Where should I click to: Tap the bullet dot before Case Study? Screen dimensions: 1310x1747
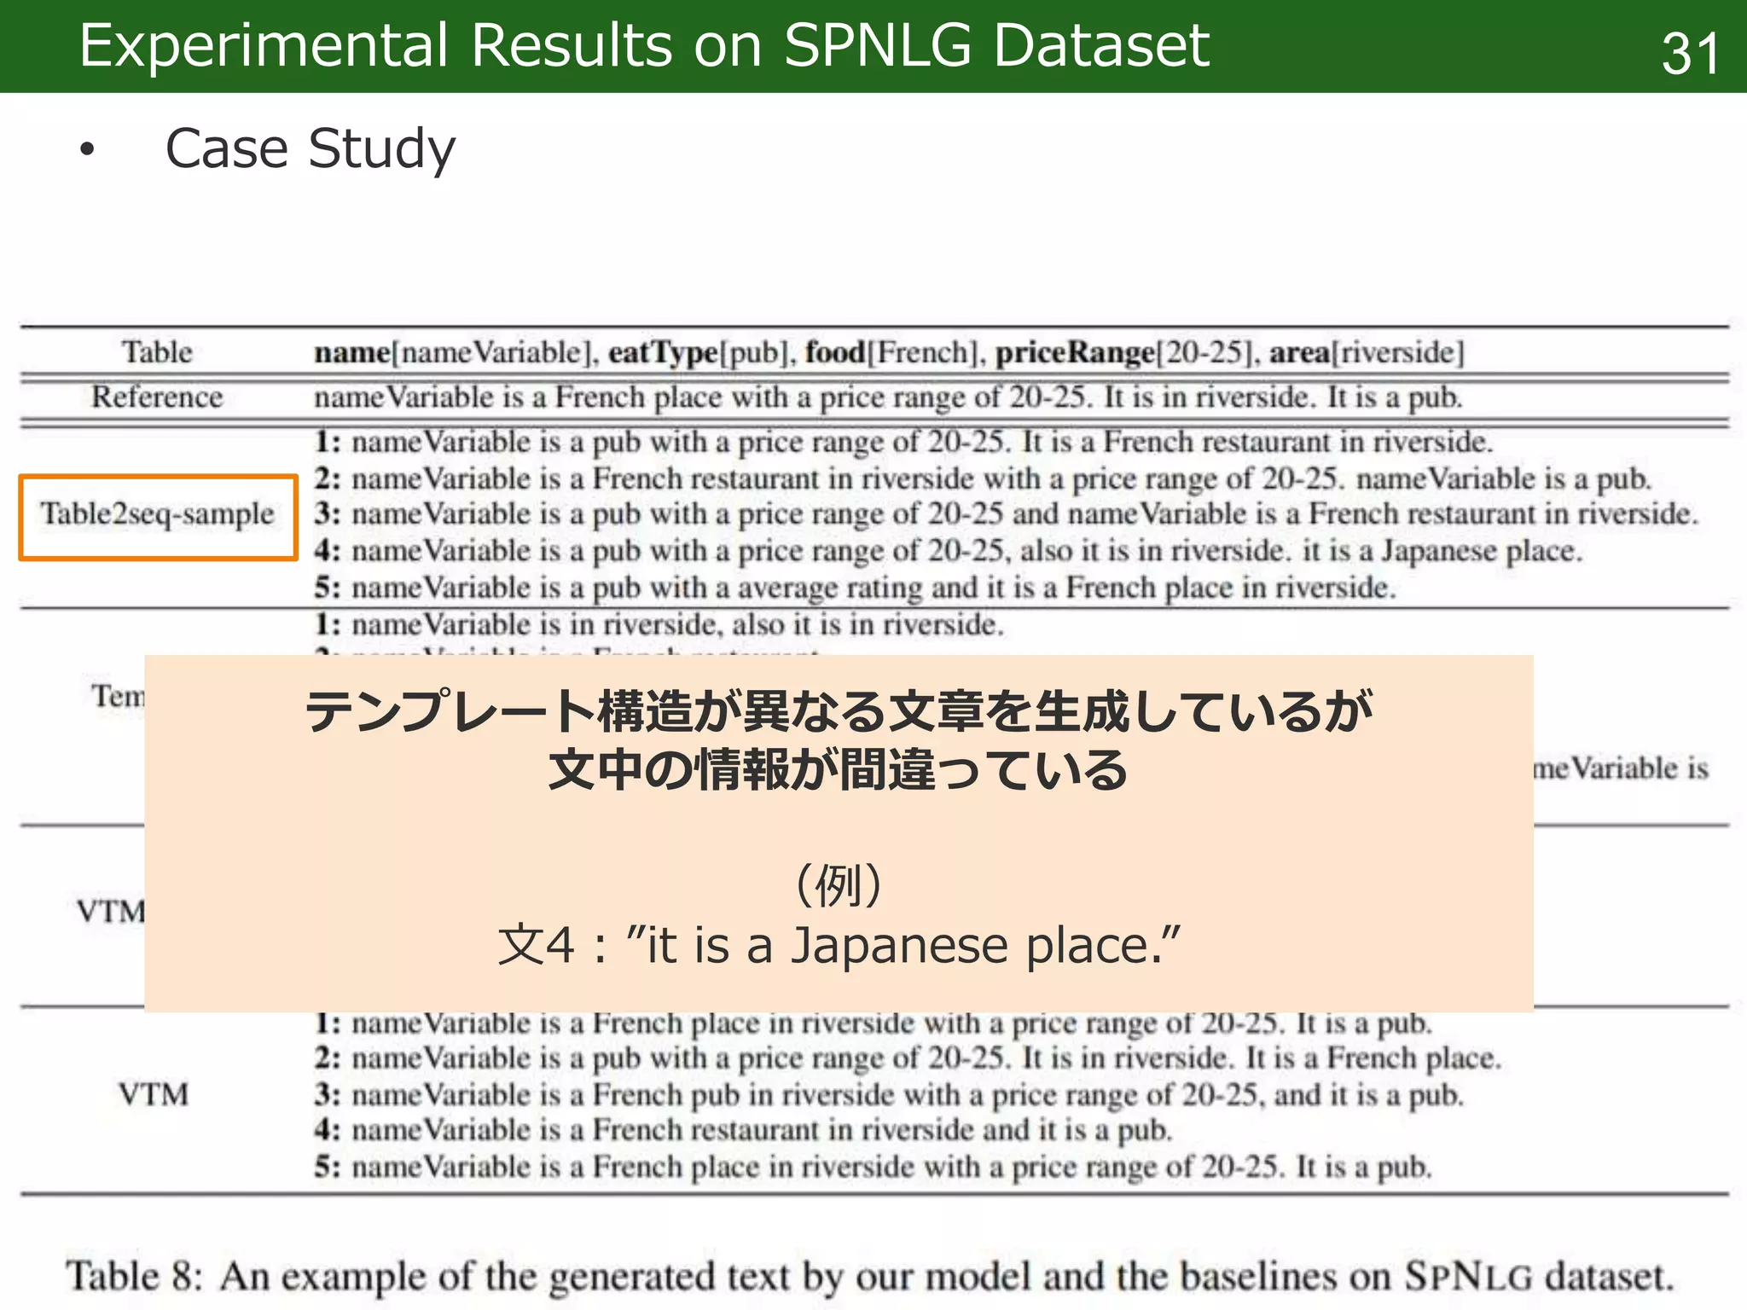pyautogui.click(x=86, y=150)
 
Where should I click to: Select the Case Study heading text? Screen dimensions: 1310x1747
pyautogui.click(x=310, y=149)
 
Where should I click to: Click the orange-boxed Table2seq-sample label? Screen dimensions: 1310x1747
pyautogui.click(x=158, y=514)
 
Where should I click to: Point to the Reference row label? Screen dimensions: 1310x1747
pyautogui.click(x=157, y=397)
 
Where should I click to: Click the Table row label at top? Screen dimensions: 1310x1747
pyautogui.click(x=157, y=352)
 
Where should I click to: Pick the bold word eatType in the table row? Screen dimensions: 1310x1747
pyautogui.click(x=663, y=352)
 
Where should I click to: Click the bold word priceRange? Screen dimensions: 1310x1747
pyautogui.click(x=1075, y=352)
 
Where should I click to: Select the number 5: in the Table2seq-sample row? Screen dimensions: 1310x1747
pyautogui.click(x=328, y=588)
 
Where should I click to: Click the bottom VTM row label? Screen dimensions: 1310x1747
pyautogui.click(x=154, y=1094)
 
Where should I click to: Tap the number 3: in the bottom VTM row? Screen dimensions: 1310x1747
pyautogui.click(x=328, y=1094)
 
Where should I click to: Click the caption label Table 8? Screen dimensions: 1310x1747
pyautogui.click(x=135, y=1277)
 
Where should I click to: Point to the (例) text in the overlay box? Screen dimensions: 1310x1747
pyautogui.click(x=839, y=885)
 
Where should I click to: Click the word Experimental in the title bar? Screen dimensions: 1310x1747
pyautogui.click(x=263, y=45)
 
